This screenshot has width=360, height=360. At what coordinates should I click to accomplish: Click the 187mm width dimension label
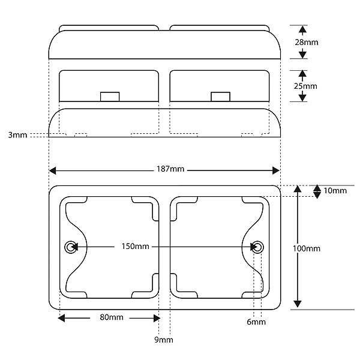[x=170, y=169]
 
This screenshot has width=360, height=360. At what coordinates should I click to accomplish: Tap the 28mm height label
[x=307, y=42]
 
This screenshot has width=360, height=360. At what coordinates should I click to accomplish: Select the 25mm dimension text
[x=305, y=86]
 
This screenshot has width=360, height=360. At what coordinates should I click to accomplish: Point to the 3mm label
[x=17, y=135]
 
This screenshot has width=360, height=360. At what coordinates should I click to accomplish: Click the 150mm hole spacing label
[x=135, y=247]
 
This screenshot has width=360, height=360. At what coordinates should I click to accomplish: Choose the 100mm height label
[x=307, y=248]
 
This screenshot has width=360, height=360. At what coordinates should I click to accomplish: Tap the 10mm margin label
[x=335, y=191]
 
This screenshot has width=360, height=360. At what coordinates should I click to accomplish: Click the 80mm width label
[x=112, y=317]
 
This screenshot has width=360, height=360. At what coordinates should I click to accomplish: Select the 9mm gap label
[x=164, y=340]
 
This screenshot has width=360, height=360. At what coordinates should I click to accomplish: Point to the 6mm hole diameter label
[x=256, y=322]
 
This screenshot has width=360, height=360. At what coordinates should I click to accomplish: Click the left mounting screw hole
[x=70, y=247]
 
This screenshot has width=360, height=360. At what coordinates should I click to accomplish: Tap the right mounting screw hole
[x=257, y=247]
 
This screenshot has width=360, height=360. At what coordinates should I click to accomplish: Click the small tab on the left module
[x=110, y=97]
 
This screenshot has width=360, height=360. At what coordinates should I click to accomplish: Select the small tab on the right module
[x=220, y=97]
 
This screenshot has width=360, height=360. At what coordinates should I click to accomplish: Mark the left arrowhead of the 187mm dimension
[x=53, y=170]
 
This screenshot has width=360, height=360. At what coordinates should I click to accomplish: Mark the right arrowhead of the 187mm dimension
[x=276, y=170]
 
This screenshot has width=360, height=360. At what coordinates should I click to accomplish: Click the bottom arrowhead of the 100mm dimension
[x=298, y=304]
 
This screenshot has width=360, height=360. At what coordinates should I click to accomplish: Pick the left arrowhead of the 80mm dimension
[x=62, y=318]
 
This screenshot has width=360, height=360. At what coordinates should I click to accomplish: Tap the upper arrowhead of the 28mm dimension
[x=303, y=29]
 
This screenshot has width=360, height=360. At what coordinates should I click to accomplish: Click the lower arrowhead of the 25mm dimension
[x=302, y=97]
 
